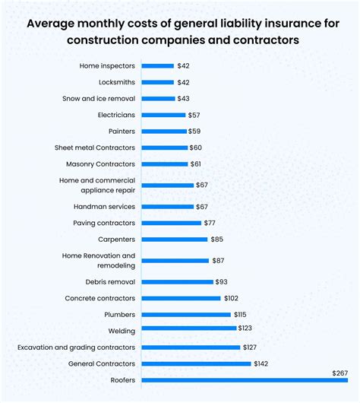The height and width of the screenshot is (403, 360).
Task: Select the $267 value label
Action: coord(340,373)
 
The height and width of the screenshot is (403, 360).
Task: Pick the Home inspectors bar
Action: coord(158,66)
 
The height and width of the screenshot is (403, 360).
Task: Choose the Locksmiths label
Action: coord(117,82)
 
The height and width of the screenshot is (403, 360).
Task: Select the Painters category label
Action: coord(121,131)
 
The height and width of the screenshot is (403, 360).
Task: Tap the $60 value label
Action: coord(197,148)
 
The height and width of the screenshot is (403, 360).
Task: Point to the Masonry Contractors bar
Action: coord(165,163)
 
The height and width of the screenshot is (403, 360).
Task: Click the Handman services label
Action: coord(105,206)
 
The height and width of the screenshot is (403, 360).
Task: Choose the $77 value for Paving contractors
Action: coord(213,223)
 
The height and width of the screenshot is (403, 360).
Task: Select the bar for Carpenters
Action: coord(175,239)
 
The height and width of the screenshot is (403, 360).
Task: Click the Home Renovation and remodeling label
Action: coord(99,260)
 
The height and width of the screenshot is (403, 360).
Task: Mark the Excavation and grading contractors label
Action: coord(77,347)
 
